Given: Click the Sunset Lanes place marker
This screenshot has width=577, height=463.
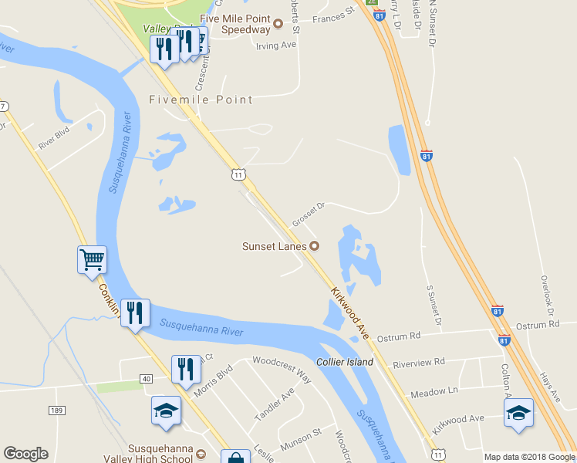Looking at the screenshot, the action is click(315, 246).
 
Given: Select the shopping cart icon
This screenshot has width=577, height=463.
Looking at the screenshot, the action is click(92, 260).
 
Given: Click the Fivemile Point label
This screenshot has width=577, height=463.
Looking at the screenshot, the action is click(201, 100).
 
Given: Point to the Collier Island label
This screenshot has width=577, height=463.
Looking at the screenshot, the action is click(344, 362).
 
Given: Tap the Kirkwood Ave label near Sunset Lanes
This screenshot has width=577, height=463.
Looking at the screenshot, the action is click(351, 314).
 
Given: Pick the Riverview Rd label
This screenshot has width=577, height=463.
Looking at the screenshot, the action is click(419, 362).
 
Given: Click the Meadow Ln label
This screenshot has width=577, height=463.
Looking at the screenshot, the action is click(434, 392).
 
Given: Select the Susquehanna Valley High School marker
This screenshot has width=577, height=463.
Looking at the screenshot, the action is click(201, 454).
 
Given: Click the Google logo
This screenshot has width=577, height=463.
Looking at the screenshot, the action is click(25, 454).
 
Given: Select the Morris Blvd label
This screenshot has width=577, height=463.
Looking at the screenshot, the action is click(213, 381).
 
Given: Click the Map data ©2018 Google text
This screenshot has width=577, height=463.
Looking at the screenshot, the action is click(528, 457).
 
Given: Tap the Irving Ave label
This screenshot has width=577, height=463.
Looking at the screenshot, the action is click(276, 46).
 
